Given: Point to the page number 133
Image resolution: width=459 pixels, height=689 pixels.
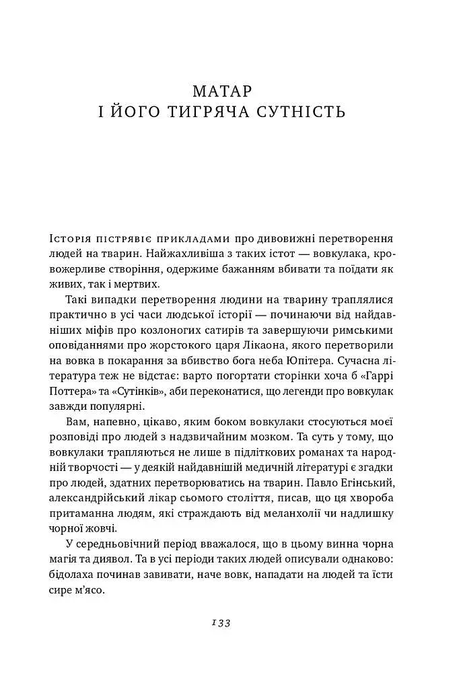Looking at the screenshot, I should [x=221, y=623].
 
